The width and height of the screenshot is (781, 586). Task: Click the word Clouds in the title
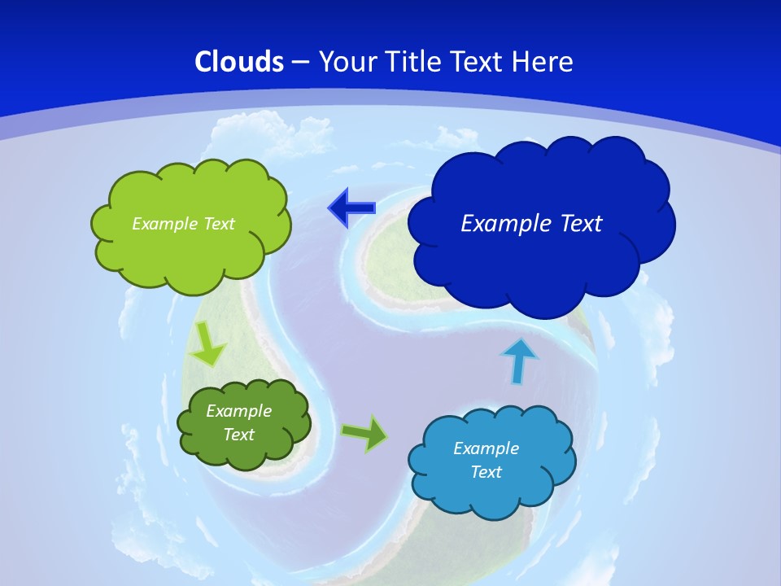pos(239,62)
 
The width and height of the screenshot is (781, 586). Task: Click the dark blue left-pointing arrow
pos(351,209)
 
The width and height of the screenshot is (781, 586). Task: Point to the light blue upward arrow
pos(519,361)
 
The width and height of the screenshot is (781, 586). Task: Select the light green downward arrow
pos(207,344)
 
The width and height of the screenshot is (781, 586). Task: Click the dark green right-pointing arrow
pos(364,433)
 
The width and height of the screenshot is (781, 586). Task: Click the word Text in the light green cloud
pos(220,224)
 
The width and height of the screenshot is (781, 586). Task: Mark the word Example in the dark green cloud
pos(239,411)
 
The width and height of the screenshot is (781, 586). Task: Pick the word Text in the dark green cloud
pos(239,435)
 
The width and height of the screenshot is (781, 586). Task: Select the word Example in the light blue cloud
pos(486,448)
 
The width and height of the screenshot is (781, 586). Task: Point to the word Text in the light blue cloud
pos(486,472)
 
